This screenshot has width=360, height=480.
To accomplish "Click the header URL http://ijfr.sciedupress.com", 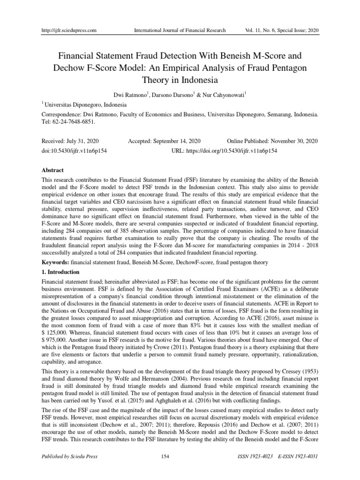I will tap(69, 30).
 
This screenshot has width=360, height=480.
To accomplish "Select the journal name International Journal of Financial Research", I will tap(180, 30).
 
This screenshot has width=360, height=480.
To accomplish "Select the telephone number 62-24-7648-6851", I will tap(74, 121).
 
